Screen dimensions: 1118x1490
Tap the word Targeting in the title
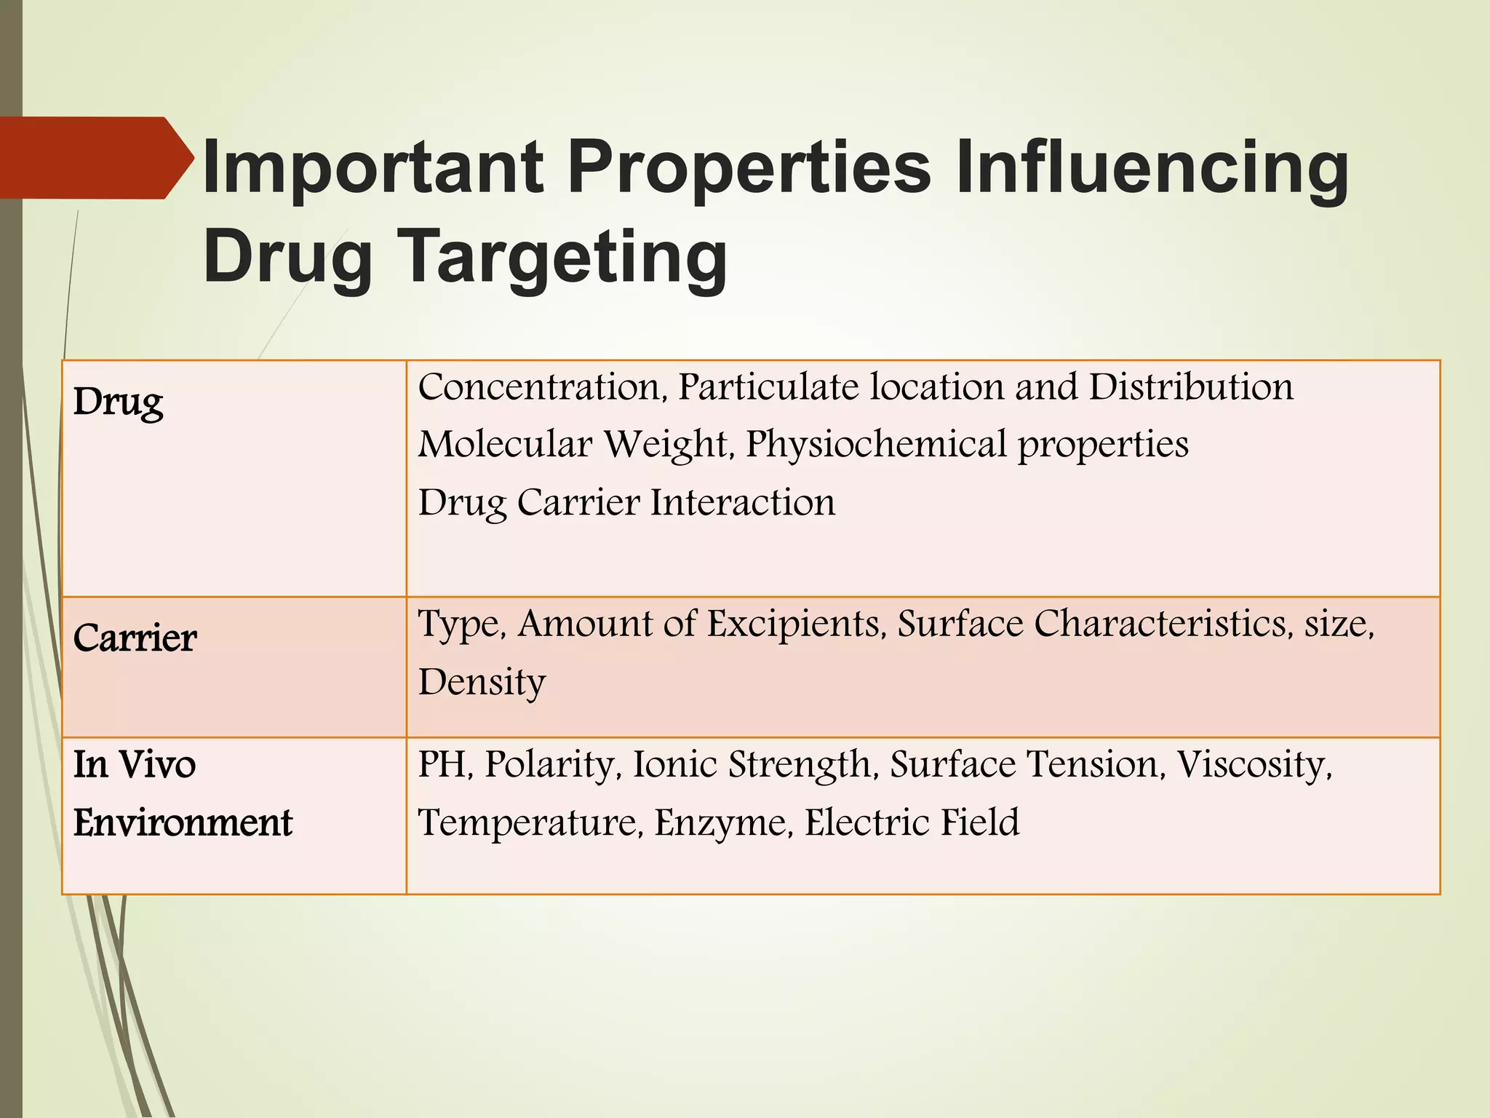(564, 257)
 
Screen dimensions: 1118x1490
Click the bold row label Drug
(119, 402)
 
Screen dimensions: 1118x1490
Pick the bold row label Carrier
(135, 638)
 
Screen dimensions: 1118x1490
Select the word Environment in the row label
(183, 823)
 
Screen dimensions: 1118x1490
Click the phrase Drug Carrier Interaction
(626, 502)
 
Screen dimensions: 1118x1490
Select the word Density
(482, 682)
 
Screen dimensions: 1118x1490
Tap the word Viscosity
(1253, 764)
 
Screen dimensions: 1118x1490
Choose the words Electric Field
(912, 822)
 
